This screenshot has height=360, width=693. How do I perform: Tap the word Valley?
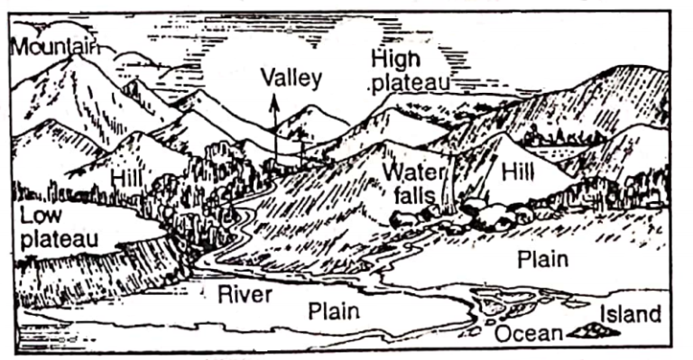tap(291, 78)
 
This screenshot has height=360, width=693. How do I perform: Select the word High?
tap(395, 60)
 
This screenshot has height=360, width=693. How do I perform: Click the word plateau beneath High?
tap(411, 84)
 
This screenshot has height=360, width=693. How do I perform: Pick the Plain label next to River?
tap(335, 311)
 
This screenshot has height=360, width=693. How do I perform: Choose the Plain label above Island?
tap(543, 259)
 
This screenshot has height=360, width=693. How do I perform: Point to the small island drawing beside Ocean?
tap(596, 330)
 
